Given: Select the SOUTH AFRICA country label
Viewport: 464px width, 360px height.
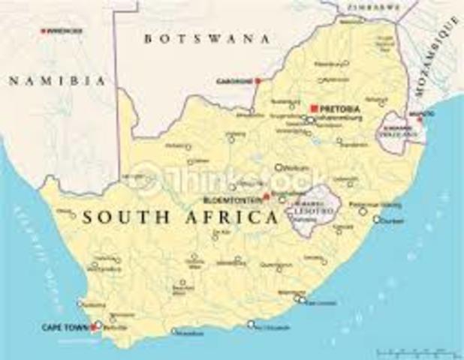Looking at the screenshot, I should click(179, 218).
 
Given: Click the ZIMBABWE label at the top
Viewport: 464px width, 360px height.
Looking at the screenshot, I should click(372, 6).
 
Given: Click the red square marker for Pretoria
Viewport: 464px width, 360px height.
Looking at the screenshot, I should click(314, 108).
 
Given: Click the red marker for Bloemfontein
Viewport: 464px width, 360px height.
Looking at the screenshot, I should click(266, 198).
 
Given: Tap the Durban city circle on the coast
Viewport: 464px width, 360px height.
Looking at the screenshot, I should click(377, 220).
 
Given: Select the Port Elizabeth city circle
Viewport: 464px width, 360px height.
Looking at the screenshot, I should click(252, 325).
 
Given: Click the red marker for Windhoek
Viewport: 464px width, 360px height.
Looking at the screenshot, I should click(43, 31).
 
